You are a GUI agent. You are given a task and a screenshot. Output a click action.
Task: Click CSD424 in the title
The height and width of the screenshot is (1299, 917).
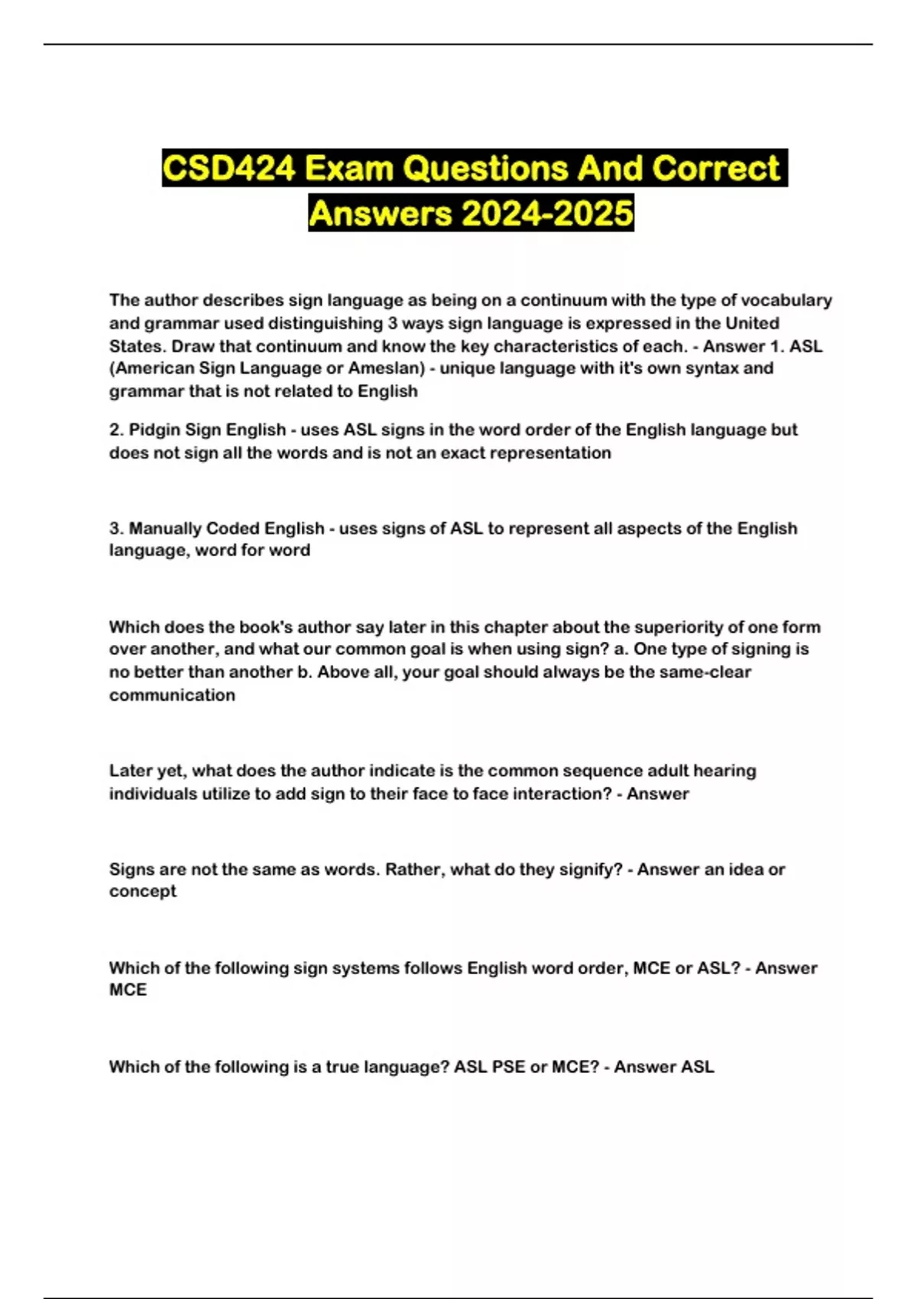(x=228, y=168)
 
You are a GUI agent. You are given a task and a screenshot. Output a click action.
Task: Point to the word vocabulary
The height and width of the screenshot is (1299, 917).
(x=786, y=300)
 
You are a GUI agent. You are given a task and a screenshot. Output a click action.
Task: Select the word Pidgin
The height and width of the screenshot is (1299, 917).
(x=154, y=430)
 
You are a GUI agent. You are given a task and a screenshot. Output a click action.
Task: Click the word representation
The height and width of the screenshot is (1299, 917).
(x=550, y=453)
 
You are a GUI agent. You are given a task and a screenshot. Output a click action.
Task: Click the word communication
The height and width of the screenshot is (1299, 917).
(x=172, y=695)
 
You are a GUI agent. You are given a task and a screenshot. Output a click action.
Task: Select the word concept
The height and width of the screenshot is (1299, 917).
(x=143, y=892)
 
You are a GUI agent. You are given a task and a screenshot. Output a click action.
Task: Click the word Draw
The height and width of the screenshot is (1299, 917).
(x=193, y=346)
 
